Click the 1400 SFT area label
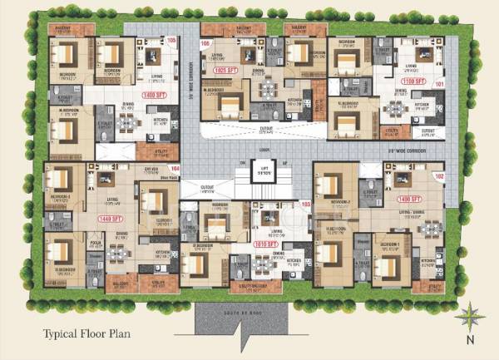[x=155, y=96]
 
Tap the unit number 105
[x=172, y=41]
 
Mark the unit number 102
[x=440, y=176]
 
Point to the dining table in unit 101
[x=395, y=108]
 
